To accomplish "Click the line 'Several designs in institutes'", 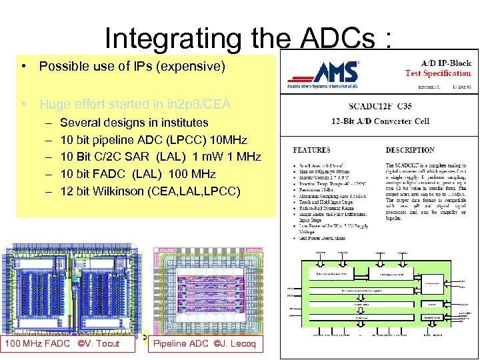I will coord(134,123).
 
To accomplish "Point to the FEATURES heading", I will coord(311,150).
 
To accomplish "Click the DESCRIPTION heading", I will coord(410,150).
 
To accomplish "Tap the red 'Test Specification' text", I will coord(437,73).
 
